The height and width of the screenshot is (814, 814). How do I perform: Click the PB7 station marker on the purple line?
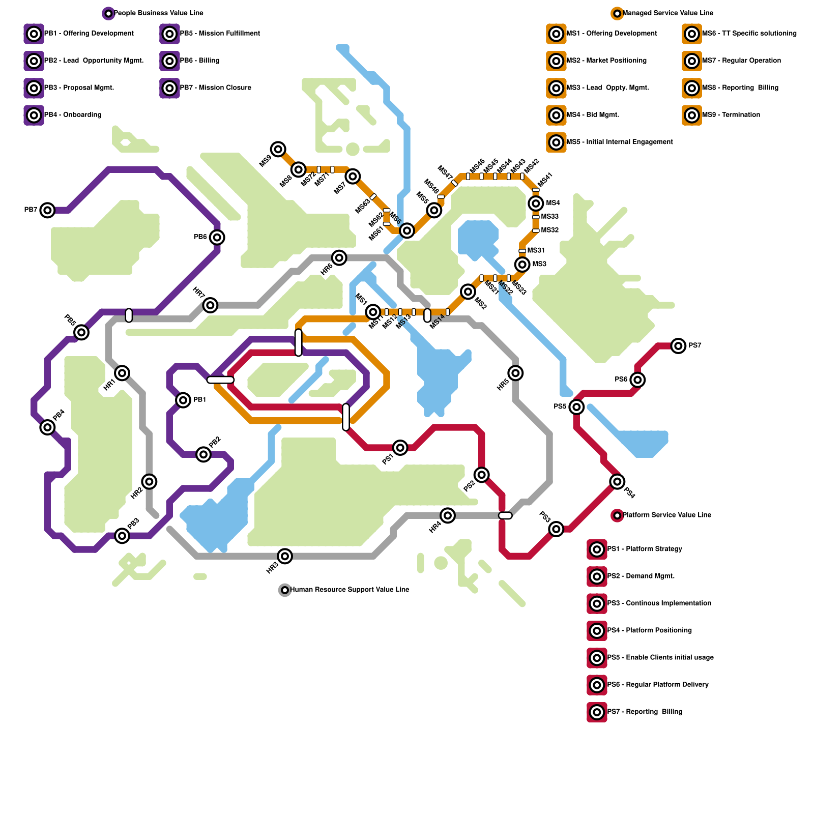[x=47, y=210]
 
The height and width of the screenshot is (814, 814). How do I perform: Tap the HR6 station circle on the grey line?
[x=339, y=257]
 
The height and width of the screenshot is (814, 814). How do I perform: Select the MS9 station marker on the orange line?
[x=278, y=149]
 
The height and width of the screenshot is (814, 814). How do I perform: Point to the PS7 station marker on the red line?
[x=678, y=346]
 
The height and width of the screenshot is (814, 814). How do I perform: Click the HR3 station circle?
[x=285, y=556]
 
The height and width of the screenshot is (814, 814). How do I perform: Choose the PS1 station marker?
[x=400, y=448]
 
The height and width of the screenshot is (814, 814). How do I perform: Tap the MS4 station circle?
[x=536, y=203]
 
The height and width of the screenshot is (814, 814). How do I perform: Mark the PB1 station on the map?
[x=183, y=400]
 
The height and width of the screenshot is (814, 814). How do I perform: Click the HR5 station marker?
[x=515, y=373]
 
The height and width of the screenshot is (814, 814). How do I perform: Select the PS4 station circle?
[x=617, y=481]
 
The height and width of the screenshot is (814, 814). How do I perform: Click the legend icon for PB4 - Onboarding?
[x=34, y=115]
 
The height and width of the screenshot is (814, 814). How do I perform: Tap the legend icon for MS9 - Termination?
[x=691, y=115]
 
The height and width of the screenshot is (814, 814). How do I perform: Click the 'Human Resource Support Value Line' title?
[x=350, y=590]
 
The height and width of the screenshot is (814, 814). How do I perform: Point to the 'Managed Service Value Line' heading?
[x=667, y=13]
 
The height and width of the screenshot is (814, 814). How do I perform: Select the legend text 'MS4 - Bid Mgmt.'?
[x=593, y=115]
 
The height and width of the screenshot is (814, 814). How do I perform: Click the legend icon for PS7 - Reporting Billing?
[x=597, y=712]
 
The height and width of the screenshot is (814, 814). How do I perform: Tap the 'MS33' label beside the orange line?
[x=550, y=217]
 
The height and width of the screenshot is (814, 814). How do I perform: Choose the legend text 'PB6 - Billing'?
[x=199, y=61]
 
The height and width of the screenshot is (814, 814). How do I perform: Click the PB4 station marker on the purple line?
[x=47, y=427]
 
